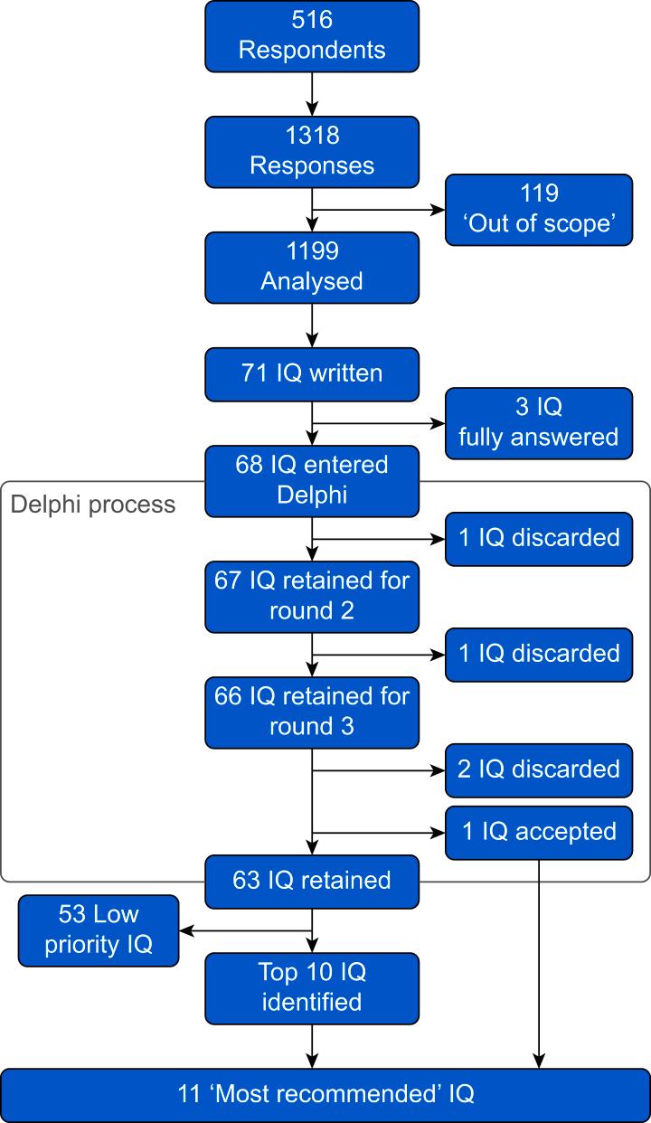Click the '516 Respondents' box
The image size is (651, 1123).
[x=312, y=36]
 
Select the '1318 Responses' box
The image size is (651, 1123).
[x=312, y=151]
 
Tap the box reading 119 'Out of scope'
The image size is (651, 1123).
[x=539, y=210]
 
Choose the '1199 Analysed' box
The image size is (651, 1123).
[x=312, y=267]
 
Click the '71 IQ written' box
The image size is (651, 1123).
[x=312, y=373]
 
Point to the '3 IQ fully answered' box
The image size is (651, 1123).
[x=539, y=422]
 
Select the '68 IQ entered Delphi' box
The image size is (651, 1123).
[x=312, y=480]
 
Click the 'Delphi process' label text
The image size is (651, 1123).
[x=93, y=504]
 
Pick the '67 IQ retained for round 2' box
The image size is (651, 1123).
[x=312, y=596]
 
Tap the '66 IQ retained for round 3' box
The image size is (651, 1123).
[x=312, y=712]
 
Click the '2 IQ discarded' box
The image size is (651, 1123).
[x=539, y=769]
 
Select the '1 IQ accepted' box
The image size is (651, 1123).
[x=539, y=832]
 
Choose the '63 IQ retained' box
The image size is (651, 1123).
[x=312, y=881]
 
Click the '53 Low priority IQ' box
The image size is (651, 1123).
[x=99, y=930]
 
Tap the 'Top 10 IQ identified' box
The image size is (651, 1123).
[x=312, y=987]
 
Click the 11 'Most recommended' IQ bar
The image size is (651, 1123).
[x=325, y=1094]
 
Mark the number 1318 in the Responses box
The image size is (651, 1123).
[x=312, y=137]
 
